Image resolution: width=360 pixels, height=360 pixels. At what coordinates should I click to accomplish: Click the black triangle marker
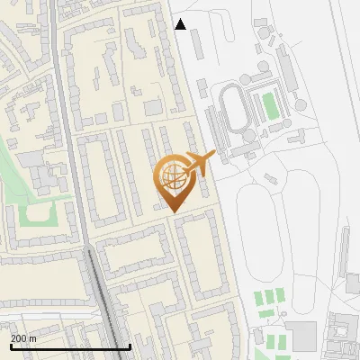click(181, 24)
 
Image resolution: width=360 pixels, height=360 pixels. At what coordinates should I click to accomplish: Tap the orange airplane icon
click(199, 163)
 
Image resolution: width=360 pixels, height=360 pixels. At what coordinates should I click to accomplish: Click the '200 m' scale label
click(23, 337)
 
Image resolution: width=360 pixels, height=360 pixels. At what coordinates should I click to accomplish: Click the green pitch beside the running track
click(268, 107)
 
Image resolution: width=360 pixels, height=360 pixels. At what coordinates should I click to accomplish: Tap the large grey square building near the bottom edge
click(304, 336)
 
